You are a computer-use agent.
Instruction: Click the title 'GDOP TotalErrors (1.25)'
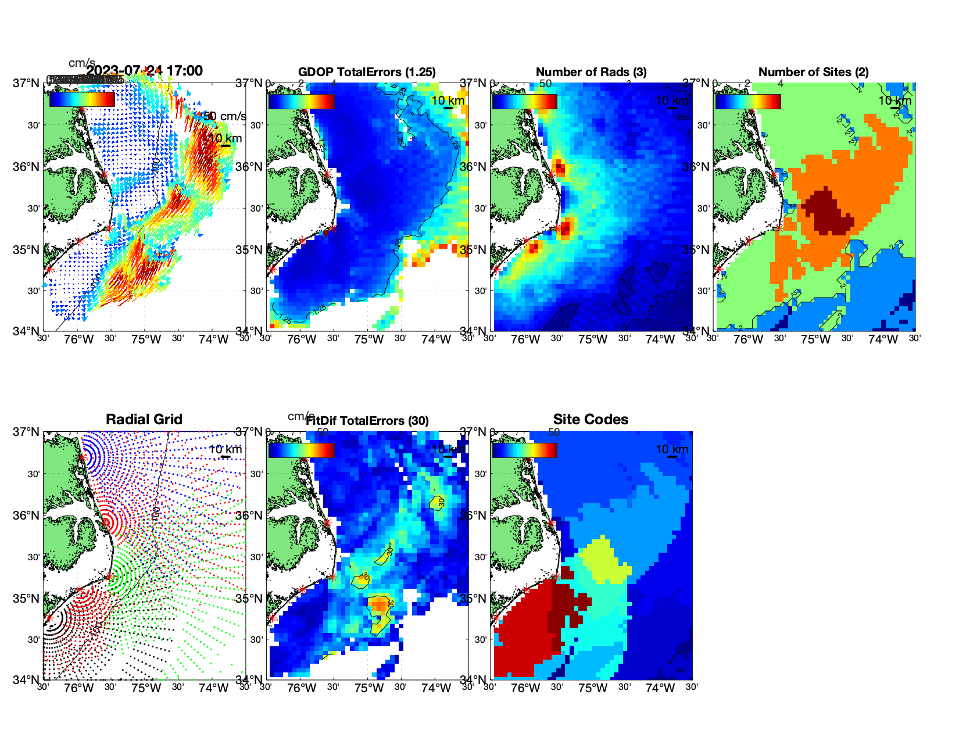pyautogui.click(x=367, y=72)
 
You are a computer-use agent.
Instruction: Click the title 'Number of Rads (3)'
pyautogui.click(x=591, y=72)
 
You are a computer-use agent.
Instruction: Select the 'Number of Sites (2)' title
pyautogui.click(x=813, y=72)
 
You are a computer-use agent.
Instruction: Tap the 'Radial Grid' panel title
pyautogui.click(x=144, y=420)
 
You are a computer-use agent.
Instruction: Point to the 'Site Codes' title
pyautogui.click(x=591, y=420)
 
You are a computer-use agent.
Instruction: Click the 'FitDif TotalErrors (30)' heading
pyautogui.click(x=367, y=421)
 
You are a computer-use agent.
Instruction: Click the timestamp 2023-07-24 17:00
pyautogui.click(x=145, y=71)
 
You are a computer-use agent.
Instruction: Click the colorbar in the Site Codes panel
pyautogui.click(x=524, y=450)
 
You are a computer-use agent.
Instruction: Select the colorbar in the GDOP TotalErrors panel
pyautogui.click(x=301, y=101)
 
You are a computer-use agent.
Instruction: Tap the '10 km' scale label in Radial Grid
pyautogui.click(x=225, y=449)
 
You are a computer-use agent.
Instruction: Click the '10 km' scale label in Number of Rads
pyautogui.click(x=671, y=101)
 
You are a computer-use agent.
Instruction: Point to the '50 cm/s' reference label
pyautogui.click(x=225, y=116)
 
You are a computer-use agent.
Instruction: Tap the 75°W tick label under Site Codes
pyautogui.click(x=593, y=689)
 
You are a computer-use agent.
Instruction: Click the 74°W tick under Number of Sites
pyautogui.click(x=883, y=340)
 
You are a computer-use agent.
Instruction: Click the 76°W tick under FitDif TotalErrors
pyautogui.click(x=302, y=689)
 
